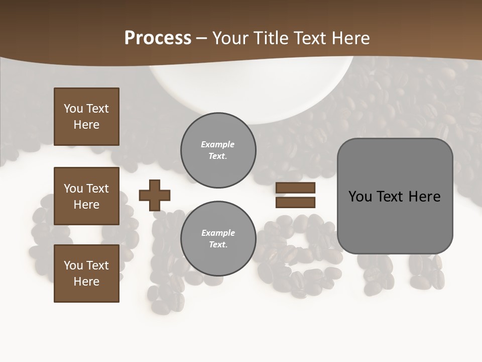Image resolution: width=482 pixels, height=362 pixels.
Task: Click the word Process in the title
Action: coord(158,38)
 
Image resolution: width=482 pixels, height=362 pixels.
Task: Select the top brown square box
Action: coord(86,117)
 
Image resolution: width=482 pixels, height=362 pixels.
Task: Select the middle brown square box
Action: coord(86,196)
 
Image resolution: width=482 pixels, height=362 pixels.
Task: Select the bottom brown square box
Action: coord(86,273)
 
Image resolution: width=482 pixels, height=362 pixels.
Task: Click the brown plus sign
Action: coord(155,195)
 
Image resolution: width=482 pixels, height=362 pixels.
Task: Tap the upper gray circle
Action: coord(218,150)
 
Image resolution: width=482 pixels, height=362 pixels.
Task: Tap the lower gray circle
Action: coord(218,238)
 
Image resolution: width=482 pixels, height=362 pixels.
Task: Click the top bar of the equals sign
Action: coord(295,188)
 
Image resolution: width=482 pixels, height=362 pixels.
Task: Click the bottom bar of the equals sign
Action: coord(295,202)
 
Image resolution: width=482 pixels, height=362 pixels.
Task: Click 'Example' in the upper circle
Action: coord(217,144)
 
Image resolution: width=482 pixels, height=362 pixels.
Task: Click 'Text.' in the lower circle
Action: coord(218,244)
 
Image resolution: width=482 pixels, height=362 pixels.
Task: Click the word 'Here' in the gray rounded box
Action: coord(424,197)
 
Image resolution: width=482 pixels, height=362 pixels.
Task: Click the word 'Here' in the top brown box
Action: coord(86,125)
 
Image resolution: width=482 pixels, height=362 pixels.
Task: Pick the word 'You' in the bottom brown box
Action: coord(73,265)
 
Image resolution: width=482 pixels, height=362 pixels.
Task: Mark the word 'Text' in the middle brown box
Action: coord(97,189)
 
